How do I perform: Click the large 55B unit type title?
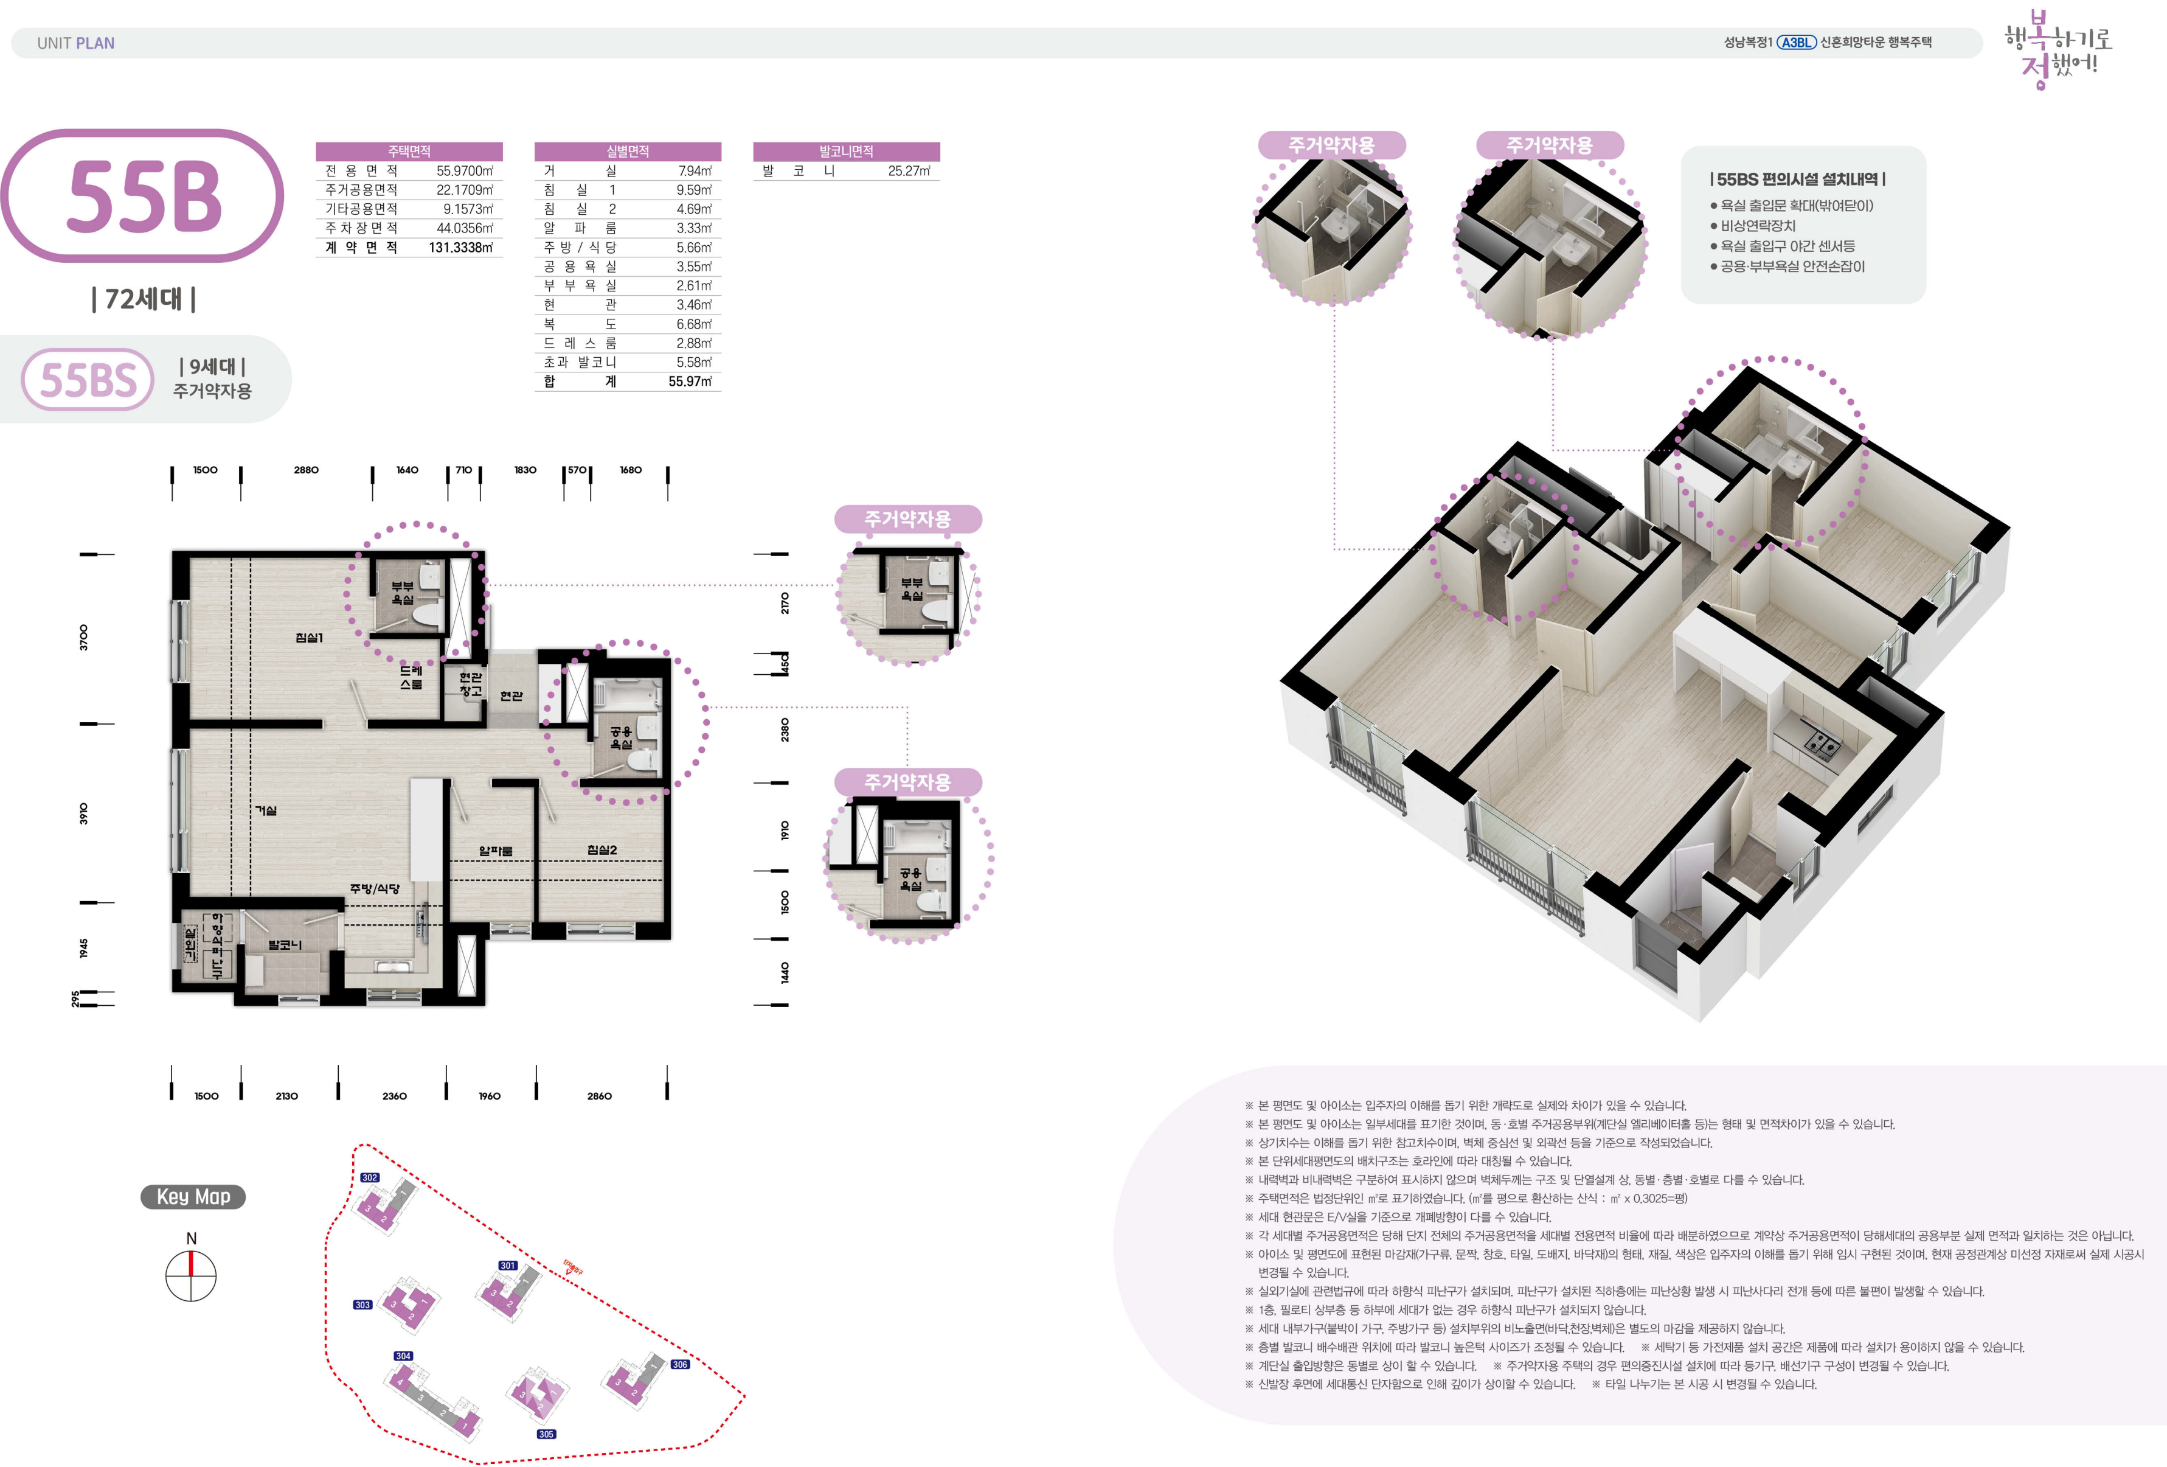coord(145,196)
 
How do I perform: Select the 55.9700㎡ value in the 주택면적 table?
coord(465,170)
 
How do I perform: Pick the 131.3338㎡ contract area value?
coord(460,247)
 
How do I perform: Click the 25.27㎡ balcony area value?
coord(909,170)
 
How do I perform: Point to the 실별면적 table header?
coord(628,151)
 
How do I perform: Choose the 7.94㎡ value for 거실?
coord(695,170)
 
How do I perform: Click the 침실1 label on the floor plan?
coord(308,638)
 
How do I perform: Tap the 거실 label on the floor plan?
coord(266,810)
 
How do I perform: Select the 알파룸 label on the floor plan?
coord(495,851)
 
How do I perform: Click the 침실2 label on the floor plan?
coord(602,849)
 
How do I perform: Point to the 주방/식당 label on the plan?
coord(375,889)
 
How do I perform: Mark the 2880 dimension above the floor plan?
coord(306,470)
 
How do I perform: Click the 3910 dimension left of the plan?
coord(83,814)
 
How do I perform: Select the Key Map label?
coord(193,1197)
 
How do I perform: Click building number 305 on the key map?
coord(546,1434)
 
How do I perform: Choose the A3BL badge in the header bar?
coord(1796,42)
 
